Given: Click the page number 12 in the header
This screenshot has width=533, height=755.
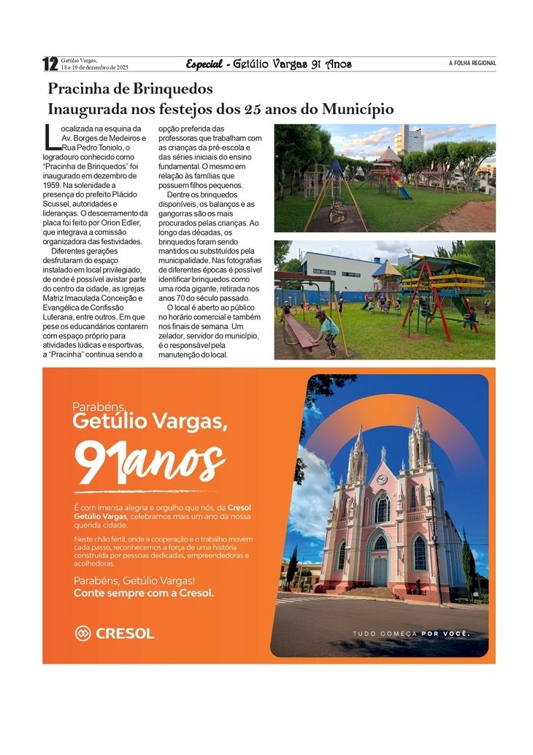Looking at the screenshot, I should [50, 64].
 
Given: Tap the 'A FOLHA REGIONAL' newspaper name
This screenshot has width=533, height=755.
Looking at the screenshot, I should [472, 64].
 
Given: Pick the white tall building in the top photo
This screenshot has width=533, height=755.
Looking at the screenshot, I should [408, 140].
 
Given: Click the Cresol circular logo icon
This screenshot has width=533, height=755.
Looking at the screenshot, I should [83, 634].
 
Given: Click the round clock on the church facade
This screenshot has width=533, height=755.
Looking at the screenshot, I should [381, 479].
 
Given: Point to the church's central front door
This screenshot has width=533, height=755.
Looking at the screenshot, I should [380, 571].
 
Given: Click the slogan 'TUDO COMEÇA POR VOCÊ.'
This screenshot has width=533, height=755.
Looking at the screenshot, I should [411, 634].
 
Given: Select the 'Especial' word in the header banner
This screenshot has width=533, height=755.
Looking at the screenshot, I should [204, 64].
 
